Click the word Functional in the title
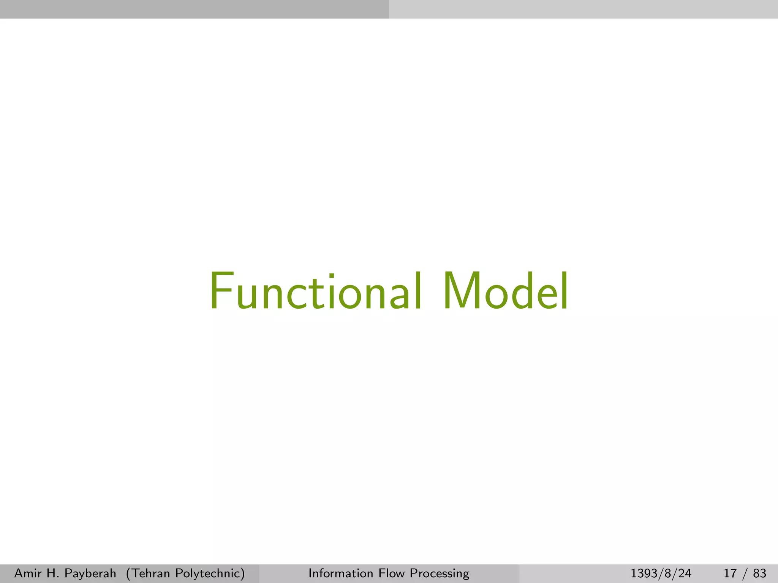click(x=315, y=291)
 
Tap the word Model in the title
click(x=505, y=291)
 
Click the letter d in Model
click(x=525, y=291)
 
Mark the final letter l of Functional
click(x=418, y=291)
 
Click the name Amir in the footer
click(x=26, y=573)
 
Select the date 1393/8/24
click(x=661, y=573)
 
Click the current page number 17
click(x=730, y=573)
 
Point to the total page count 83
click(x=759, y=573)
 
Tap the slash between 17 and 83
click(x=745, y=573)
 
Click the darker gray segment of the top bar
click(x=194, y=9)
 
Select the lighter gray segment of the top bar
click(x=583, y=9)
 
